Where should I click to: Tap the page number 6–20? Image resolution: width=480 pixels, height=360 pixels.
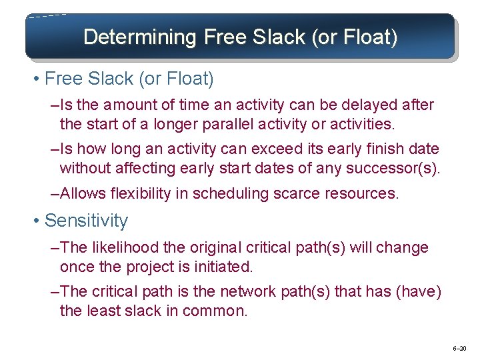coord(459,349)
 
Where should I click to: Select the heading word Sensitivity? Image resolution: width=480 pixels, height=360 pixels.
coord(86,221)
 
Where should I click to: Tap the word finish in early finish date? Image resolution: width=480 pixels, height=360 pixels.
coord(377,149)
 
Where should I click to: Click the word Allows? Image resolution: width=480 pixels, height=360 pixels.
coord(81,194)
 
